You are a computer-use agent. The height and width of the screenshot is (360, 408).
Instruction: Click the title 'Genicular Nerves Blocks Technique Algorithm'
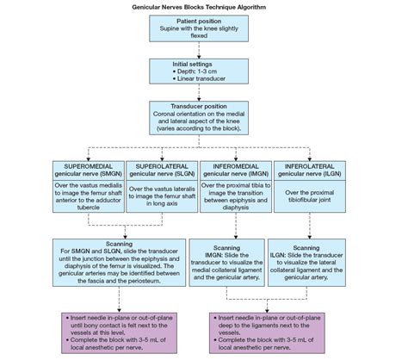pos(199,7)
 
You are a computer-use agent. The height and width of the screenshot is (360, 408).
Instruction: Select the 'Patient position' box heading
pos(199,22)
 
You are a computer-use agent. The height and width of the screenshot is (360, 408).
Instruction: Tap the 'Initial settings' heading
pos(192,64)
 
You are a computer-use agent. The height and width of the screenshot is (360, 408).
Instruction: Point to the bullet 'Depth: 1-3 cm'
pos(195,71)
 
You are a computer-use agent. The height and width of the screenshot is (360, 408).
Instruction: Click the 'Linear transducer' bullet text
pos(199,78)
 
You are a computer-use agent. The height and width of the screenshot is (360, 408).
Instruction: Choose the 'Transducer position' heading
pos(199,107)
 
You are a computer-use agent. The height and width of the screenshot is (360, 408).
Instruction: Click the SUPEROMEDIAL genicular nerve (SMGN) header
pos(89,171)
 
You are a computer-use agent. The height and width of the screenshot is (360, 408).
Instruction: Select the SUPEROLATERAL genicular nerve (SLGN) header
pos(162,171)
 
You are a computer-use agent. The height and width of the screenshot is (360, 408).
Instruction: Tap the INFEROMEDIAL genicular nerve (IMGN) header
pos(236,171)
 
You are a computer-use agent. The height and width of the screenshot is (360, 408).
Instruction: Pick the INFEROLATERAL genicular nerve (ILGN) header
pos(310,171)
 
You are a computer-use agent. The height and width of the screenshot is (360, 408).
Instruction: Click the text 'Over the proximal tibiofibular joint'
pos(310,196)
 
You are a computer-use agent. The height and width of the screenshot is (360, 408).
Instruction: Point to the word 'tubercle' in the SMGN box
pos(89,208)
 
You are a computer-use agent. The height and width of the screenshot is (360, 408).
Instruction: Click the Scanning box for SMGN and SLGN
pos(119,263)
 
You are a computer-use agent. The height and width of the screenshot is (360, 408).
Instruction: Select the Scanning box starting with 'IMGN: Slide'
pos(226,263)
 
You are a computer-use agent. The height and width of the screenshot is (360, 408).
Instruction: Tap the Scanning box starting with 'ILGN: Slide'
pos(306,263)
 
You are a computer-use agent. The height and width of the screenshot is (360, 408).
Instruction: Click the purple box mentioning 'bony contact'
pos(119,333)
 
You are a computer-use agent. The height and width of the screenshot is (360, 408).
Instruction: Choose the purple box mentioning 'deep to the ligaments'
pos(267,333)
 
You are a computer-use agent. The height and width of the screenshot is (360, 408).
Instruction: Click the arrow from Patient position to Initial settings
pos(199,50)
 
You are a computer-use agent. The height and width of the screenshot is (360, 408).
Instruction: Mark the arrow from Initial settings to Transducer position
pos(199,92)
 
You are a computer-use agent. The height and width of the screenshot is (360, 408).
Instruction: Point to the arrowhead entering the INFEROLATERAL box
pos(310,159)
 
